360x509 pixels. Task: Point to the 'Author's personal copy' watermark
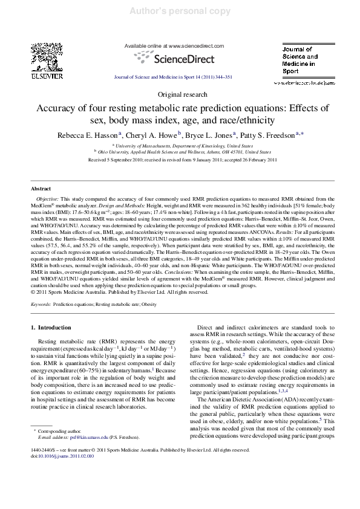click(179, 11)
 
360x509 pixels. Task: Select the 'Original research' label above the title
click(179, 96)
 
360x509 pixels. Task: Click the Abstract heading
click(41, 189)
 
